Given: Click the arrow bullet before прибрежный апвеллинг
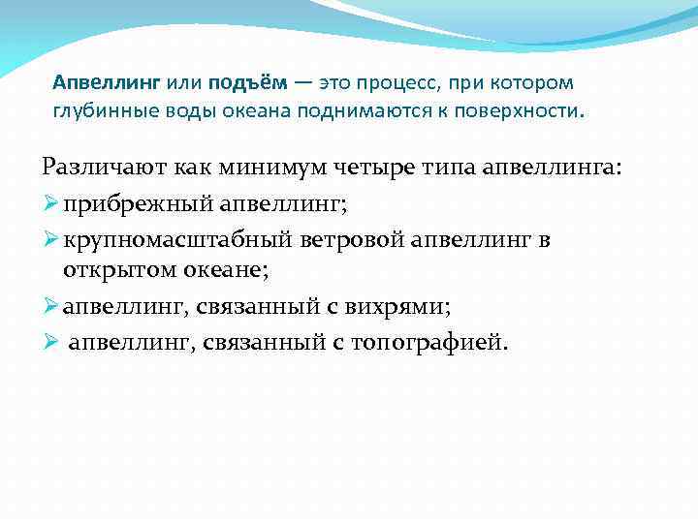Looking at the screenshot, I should point(51,202).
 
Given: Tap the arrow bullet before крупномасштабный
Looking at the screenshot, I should point(51,238).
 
